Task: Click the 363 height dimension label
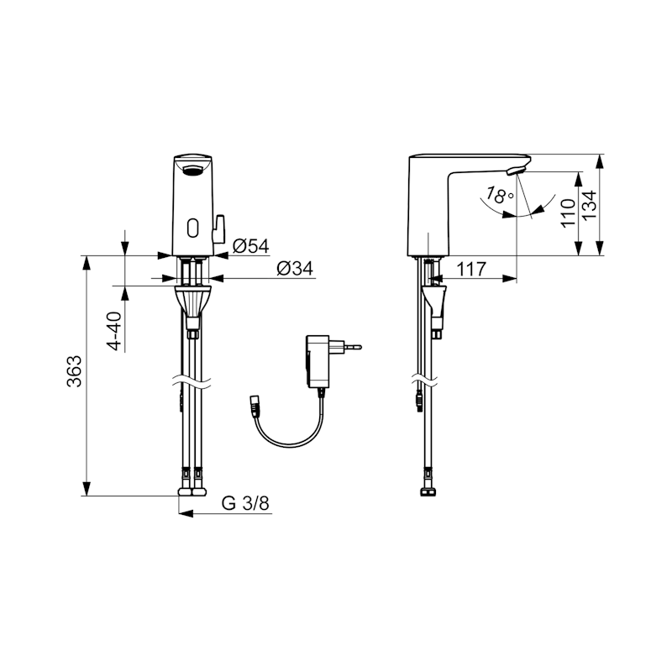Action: click(74, 371)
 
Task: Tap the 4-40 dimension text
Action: click(114, 331)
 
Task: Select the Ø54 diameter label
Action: click(250, 246)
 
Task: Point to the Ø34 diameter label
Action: click(295, 268)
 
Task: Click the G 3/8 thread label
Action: click(245, 503)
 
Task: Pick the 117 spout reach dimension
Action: click(471, 269)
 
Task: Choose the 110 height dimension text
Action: click(568, 213)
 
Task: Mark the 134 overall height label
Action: click(590, 204)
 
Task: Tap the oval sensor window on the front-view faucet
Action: click(193, 227)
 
